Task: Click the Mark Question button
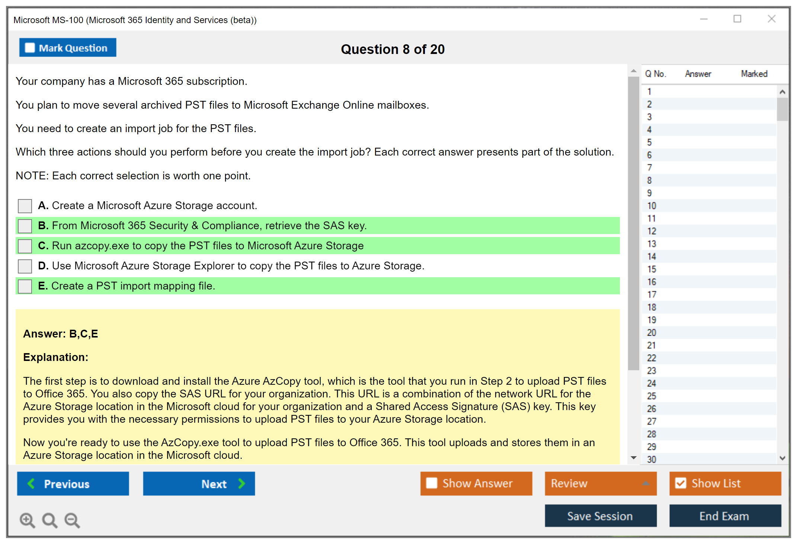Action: point(68,48)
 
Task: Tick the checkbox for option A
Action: point(25,206)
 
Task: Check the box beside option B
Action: point(25,226)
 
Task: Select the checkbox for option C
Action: point(25,246)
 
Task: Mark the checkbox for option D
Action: point(25,266)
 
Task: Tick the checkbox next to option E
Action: point(25,286)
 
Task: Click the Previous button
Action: point(73,484)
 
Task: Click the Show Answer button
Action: point(476,484)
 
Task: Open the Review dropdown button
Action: point(601,484)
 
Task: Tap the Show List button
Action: point(725,484)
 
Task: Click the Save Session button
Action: point(601,516)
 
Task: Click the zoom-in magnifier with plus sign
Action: point(28,520)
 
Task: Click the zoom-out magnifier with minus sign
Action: point(72,520)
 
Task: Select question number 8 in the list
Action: point(649,180)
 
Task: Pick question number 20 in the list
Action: point(652,333)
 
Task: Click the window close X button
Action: point(772,19)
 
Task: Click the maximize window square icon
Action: point(737,19)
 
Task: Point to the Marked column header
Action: point(754,74)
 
